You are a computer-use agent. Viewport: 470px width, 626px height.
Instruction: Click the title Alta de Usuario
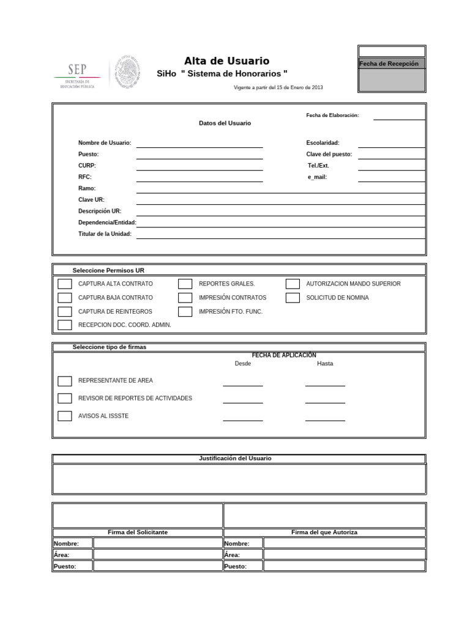click(226, 61)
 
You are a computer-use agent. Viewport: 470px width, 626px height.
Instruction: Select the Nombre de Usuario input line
click(200, 143)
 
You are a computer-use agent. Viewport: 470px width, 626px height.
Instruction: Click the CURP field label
click(87, 166)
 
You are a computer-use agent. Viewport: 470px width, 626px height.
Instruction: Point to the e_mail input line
click(392, 177)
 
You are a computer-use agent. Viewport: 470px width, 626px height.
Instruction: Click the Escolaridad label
click(323, 142)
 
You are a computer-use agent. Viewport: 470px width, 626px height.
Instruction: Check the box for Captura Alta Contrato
click(65, 284)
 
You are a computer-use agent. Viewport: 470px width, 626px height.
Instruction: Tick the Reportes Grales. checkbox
click(185, 284)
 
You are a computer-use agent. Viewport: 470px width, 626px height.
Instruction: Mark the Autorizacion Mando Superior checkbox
click(293, 284)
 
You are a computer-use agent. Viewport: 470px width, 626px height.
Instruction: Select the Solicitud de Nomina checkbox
click(293, 298)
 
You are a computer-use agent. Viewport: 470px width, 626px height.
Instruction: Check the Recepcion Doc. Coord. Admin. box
click(65, 325)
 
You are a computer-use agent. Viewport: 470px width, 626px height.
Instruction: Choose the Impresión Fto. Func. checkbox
click(185, 312)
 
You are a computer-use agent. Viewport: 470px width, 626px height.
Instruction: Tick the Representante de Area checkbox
click(65, 381)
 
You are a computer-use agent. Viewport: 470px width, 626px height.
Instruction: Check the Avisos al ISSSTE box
click(65, 416)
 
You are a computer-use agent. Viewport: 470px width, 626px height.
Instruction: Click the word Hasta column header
click(325, 363)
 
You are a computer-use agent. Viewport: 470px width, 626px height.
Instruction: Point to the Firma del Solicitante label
click(138, 532)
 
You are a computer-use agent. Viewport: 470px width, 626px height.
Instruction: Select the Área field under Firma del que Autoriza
click(344, 554)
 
